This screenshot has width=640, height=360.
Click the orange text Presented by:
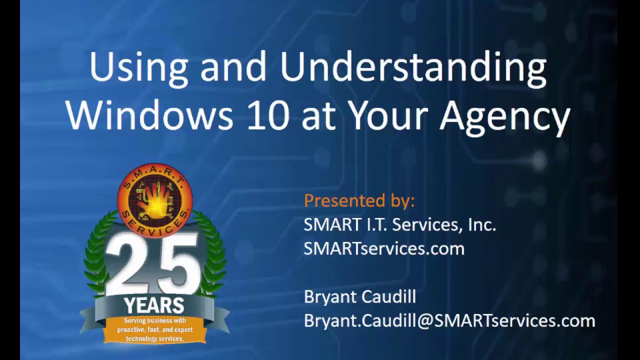359,201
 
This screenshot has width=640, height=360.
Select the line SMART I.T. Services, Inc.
399,225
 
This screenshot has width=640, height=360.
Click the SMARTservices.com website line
383,248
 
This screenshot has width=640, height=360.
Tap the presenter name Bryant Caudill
359,296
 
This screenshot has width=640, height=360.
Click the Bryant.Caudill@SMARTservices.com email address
449,320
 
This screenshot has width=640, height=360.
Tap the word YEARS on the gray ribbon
153,304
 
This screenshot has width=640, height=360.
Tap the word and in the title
233,68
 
